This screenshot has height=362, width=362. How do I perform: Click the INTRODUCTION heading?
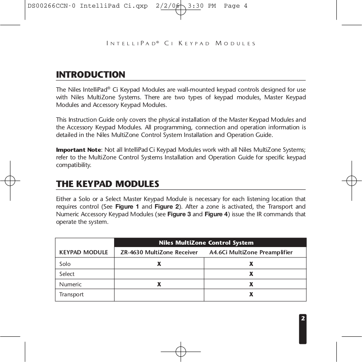90,75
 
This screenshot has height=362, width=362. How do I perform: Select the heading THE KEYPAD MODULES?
107,184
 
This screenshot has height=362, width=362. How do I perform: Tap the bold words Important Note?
78,150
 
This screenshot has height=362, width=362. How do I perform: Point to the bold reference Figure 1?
127,207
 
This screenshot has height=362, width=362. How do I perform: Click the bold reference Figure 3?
179,214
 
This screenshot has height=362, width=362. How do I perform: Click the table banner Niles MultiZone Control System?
206,243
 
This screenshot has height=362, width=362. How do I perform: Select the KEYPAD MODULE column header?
83,252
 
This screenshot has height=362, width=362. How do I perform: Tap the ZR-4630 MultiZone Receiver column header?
159,252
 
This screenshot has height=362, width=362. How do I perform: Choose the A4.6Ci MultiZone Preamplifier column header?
251,252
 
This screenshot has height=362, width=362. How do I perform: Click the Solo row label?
65,264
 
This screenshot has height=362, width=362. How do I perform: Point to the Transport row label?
71,294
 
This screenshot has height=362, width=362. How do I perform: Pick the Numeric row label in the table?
70,284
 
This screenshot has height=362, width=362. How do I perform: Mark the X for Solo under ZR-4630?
159,264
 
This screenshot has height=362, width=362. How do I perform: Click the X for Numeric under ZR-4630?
159,284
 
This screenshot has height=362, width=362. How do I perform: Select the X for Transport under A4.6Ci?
251,294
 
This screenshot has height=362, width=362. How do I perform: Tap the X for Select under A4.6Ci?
251,274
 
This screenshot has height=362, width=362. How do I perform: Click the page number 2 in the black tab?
303,318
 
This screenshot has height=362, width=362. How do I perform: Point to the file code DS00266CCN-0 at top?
51,6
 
